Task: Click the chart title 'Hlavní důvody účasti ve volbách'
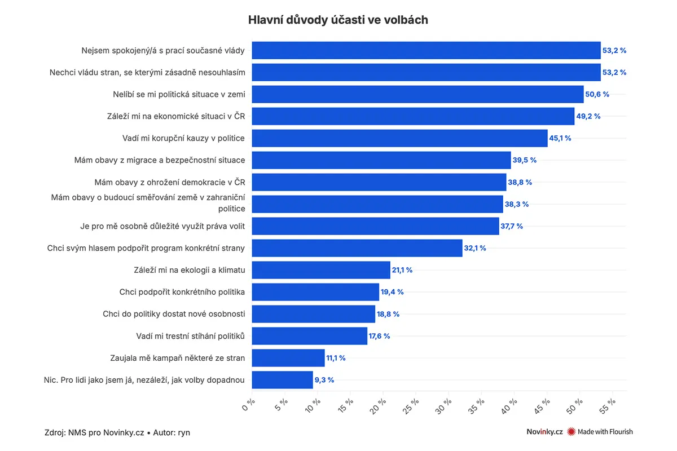[x=338, y=20]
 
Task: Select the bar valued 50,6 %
[x=417, y=94]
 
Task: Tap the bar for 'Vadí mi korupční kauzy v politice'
[x=399, y=138]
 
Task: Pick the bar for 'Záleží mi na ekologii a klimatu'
[x=321, y=270]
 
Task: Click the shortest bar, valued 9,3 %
[x=282, y=380]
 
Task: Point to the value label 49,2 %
[x=588, y=116]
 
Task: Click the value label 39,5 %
[x=524, y=160]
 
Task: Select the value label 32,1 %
[x=475, y=248]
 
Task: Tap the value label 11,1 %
[x=336, y=358]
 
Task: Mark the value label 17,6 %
[x=379, y=336]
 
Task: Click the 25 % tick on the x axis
[x=411, y=406]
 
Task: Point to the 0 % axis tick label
[x=248, y=405]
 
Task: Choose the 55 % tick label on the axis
[x=607, y=406]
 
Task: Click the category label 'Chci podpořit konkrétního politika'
[x=182, y=292]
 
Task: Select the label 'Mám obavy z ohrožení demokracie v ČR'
[x=170, y=182]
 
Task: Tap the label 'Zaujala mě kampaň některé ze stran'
[x=177, y=358]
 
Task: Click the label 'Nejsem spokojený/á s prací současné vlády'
[x=163, y=50]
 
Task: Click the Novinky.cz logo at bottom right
[x=544, y=432]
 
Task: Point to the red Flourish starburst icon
[x=571, y=432]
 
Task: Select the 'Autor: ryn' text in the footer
[x=172, y=432]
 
